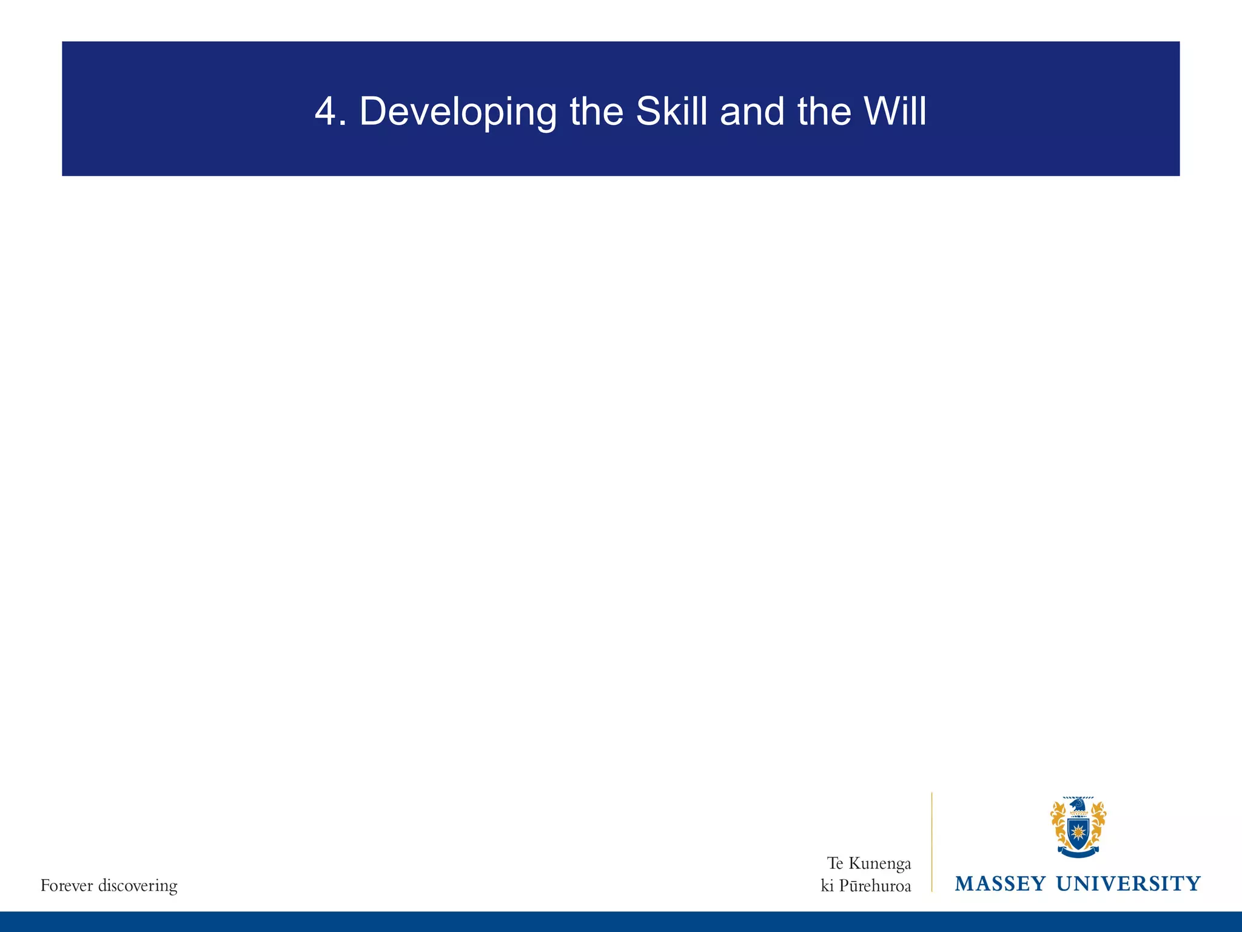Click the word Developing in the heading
(x=457, y=113)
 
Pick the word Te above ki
(x=835, y=863)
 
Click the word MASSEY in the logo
(x=1000, y=883)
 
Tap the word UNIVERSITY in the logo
(x=1129, y=883)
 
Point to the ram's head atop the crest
(x=1078, y=805)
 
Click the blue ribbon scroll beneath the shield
(x=1078, y=853)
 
